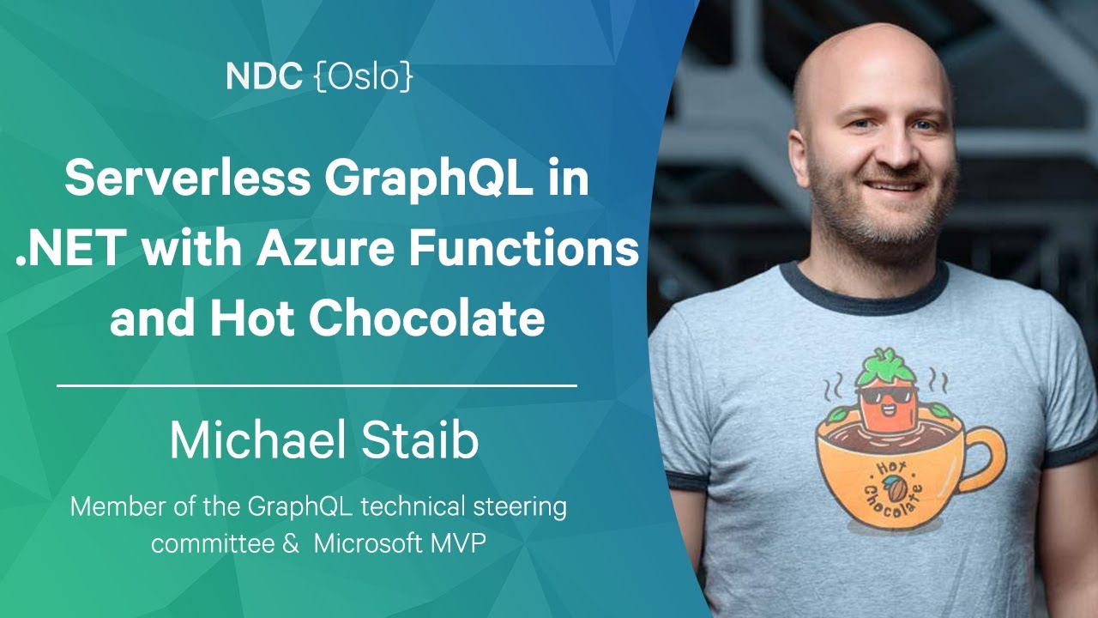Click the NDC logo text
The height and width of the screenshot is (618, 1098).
[264, 76]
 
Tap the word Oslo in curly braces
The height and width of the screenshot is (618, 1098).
[363, 77]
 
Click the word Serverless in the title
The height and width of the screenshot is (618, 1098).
[187, 177]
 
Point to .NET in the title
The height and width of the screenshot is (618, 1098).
[68, 249]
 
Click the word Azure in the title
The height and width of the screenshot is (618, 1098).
[325, 249]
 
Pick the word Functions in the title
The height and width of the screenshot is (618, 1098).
[524, 249]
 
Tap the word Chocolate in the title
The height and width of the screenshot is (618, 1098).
[426, 318]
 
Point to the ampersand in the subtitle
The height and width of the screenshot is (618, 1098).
[291, 543]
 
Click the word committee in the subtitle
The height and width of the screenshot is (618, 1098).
[213, 543]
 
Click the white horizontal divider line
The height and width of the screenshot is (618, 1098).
[317, 386]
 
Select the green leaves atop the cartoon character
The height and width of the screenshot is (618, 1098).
[885, 366]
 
